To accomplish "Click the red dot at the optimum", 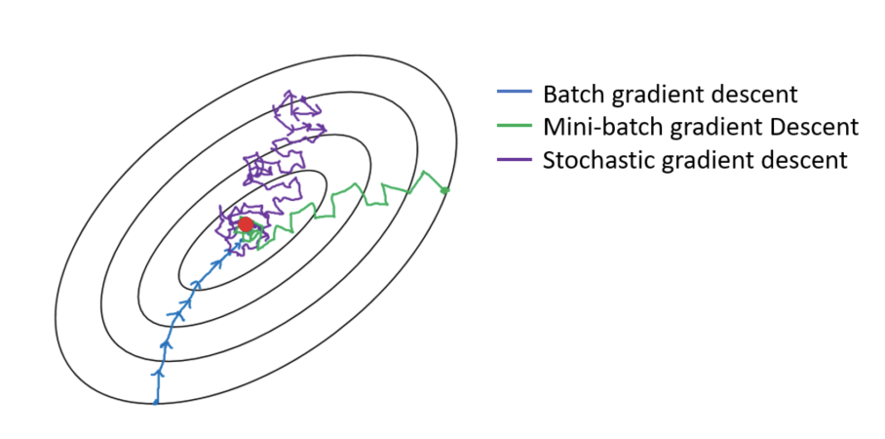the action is coord(246,224).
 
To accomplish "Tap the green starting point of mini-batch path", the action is coord(445,189).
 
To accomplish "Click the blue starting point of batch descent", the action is coord(156,402).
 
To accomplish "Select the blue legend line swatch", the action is coord(514,96).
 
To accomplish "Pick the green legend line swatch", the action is coord(514,127).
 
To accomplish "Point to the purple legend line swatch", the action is coord(514,159).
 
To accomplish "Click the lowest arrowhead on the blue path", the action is coord(158,373).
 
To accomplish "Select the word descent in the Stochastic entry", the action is coord(780,159).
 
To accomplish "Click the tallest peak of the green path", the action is coord(424,173).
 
